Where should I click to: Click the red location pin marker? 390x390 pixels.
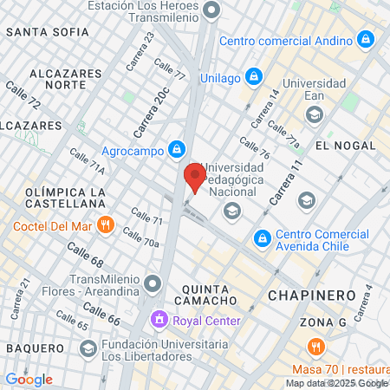pyautogui.click(x=194, y=177)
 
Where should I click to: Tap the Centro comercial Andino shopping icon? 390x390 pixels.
pyautogui.click(x=366, y=40)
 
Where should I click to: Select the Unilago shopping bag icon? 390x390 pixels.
pyautogui.click(x=253, y=77)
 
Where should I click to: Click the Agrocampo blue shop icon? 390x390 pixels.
pyautogui.click(x=176, y=148)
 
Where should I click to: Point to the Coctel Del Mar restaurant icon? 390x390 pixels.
pyautogui.click(x=105, y=225)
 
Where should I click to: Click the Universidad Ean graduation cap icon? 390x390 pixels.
pyautogui.click(x=314, y=114)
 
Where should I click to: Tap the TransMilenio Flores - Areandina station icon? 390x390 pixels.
pyautogui.click(x=153, y=283)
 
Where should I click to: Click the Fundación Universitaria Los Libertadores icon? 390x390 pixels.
pyautogui.click(x=88, y=348)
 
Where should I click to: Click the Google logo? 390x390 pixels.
pyautogui.click(x=29, y=379)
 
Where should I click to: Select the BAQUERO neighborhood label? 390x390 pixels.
pyautogui.click(x=35, y=348)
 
